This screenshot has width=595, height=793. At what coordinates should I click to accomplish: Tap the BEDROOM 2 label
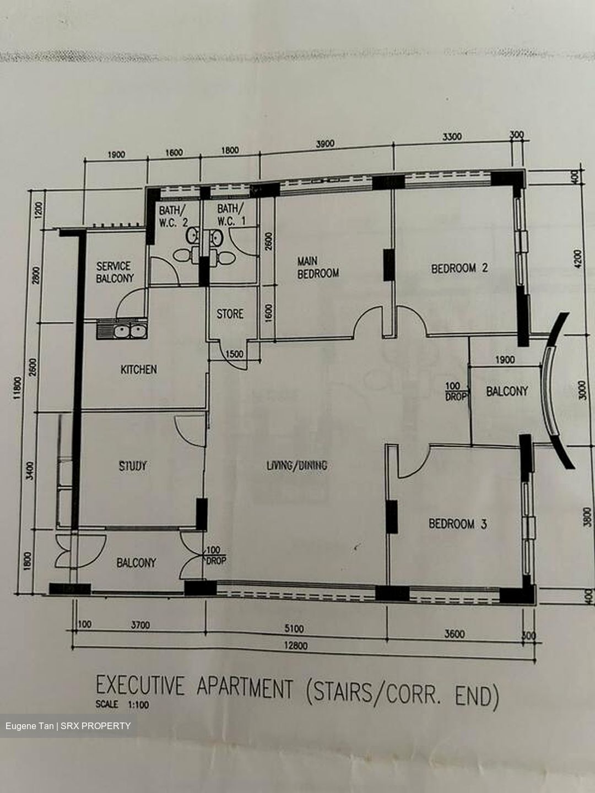pyautogui.click(x=459, y=269)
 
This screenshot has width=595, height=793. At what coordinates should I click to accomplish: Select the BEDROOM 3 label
pyautogui.click(x=458, y=524)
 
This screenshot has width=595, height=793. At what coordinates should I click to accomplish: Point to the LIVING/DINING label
pyautogui.click(x=297, y=466)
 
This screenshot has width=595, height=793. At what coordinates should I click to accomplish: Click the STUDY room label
pyautogui.click(x=133, y=466)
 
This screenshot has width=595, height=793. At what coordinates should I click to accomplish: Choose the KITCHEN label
pyautogui.click(x=139, y=370)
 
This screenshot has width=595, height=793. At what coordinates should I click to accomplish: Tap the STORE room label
pyautogui.click(x=230, y=314)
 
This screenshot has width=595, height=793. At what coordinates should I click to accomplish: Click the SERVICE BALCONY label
pyautogui.click(x=115, y=273)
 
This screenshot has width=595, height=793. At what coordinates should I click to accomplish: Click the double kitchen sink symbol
pyautogui.click(x=122, y=331)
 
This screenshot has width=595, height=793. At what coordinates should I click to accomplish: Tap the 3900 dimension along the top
pyautogui.click(x=325, y=144)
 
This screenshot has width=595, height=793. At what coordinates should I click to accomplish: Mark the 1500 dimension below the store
pyautogui.click(x=234, y=354)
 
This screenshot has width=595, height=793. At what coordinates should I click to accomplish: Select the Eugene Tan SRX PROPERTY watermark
pyautogui.click(x=68, y=726)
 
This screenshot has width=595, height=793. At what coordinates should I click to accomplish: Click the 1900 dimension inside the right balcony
pyautogui.click(x=505, y=360)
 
